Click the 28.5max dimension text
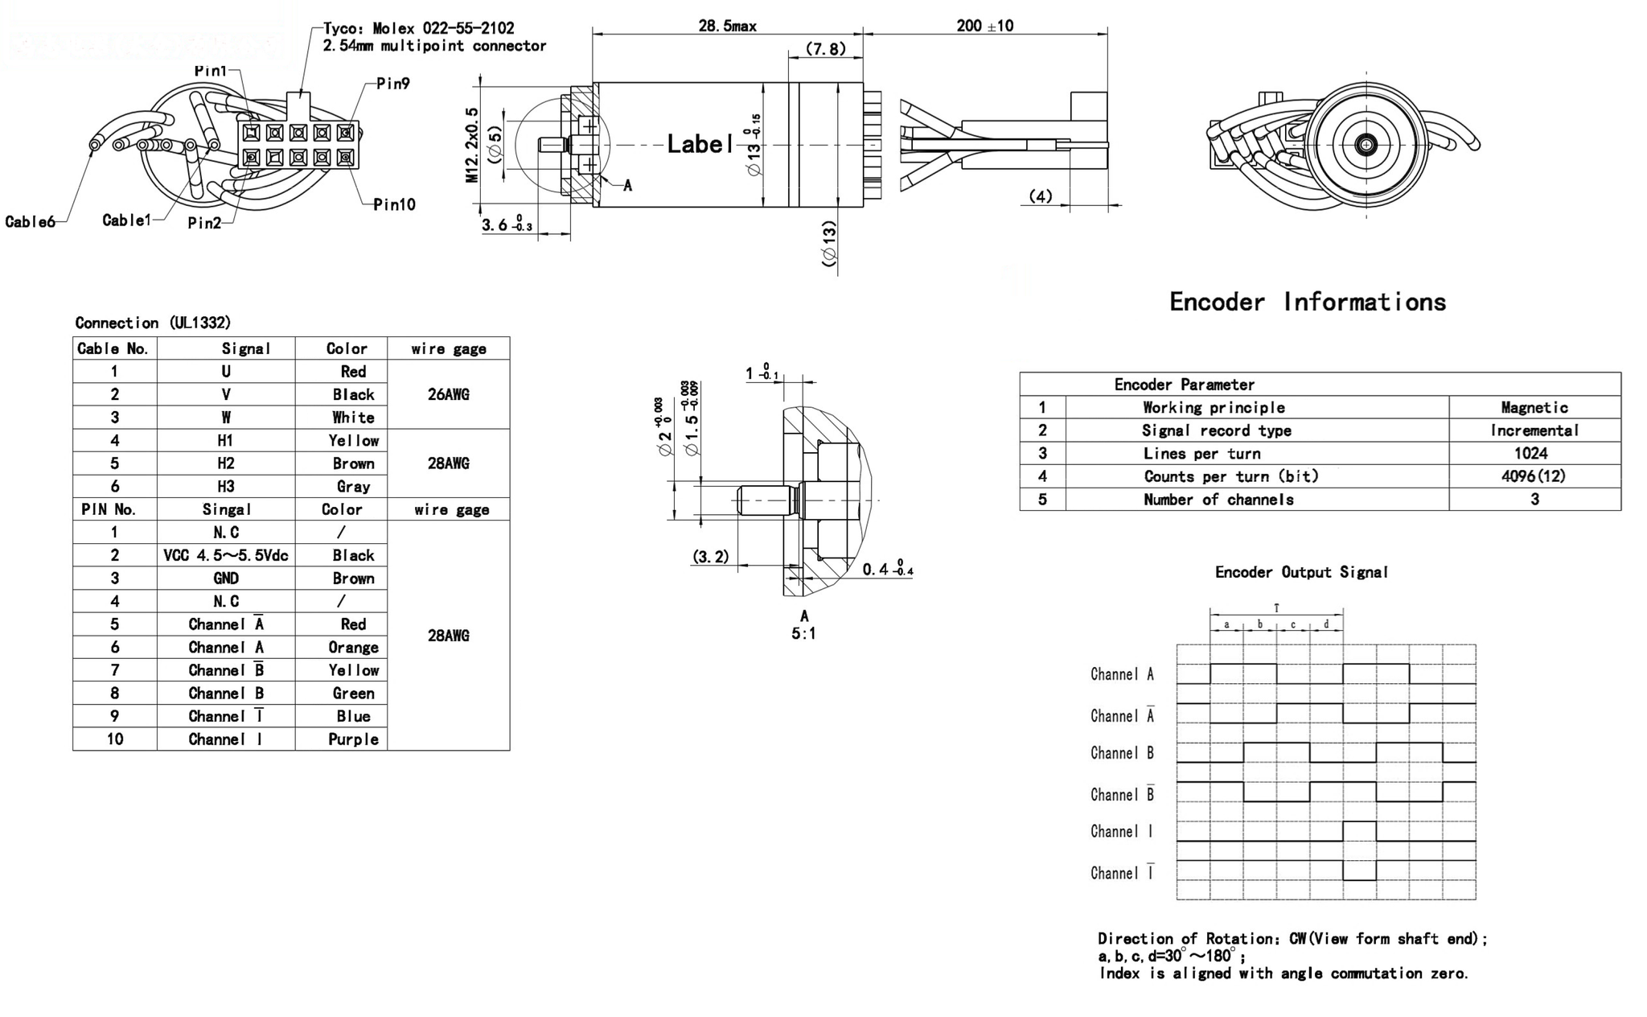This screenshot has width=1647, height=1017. [727, 26]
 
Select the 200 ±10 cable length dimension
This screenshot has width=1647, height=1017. [984, 26]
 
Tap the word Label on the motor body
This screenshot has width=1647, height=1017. [700, 144]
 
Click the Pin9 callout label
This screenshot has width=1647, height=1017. [393, 84]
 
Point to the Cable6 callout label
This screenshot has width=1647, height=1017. [30, 222]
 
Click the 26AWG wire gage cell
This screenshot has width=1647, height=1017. [448, 394]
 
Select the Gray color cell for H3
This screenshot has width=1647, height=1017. [353, 486]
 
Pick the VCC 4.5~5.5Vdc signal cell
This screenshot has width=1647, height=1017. [226, 555]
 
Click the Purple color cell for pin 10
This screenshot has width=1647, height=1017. [353, 739]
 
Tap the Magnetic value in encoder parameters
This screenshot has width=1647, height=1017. [1534, 407]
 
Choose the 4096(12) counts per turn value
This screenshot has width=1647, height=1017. [1534, 476]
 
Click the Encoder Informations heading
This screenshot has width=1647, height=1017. [1307, 302]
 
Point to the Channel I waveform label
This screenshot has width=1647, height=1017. [1122, 831]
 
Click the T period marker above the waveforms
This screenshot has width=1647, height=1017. [1276, 608]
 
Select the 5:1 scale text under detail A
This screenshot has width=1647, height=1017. [803, 634]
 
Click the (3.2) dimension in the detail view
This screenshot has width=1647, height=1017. [711, 557]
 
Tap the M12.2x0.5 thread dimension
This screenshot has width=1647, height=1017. [472, 145]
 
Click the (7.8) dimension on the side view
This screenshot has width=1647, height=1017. [826, 49]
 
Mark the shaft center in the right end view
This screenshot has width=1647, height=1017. [1366, 145]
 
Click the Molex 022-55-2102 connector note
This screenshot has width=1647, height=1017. [418, 28]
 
